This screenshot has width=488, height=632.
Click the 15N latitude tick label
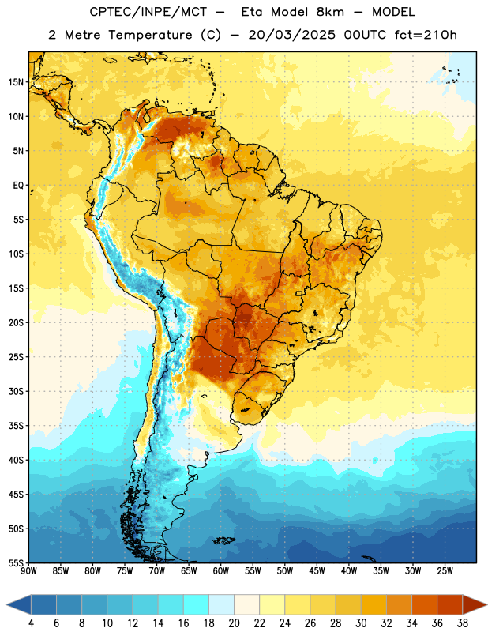(16, 82)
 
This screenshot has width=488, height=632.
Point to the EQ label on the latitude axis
(18, 186)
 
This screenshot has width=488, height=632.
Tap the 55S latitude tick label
(16, 562)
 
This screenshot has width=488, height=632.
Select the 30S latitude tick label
(16, 391)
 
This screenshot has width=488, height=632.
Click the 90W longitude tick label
(28, 570)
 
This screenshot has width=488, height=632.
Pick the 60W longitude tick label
(221, 570)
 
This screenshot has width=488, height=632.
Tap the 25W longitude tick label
(445, 570)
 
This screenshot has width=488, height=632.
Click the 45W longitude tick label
(317, 570)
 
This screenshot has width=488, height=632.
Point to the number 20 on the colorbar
(234, 623)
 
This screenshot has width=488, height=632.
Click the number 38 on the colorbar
(463, 623)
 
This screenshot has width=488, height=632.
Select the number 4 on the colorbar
(31, 623)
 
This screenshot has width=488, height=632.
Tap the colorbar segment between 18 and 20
(221, 604)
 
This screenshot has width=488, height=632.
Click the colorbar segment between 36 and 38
(450, 604)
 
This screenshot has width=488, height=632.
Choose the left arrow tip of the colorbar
(6, 604)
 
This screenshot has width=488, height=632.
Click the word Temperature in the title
(150, 35)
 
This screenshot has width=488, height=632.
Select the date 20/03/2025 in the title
(291, 35)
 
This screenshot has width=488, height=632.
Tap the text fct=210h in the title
(426, 35)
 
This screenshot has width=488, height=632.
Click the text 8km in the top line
(330, 12)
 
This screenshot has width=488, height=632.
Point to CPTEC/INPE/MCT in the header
(148, 12)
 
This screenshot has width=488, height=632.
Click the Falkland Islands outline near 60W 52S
(224, 540)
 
